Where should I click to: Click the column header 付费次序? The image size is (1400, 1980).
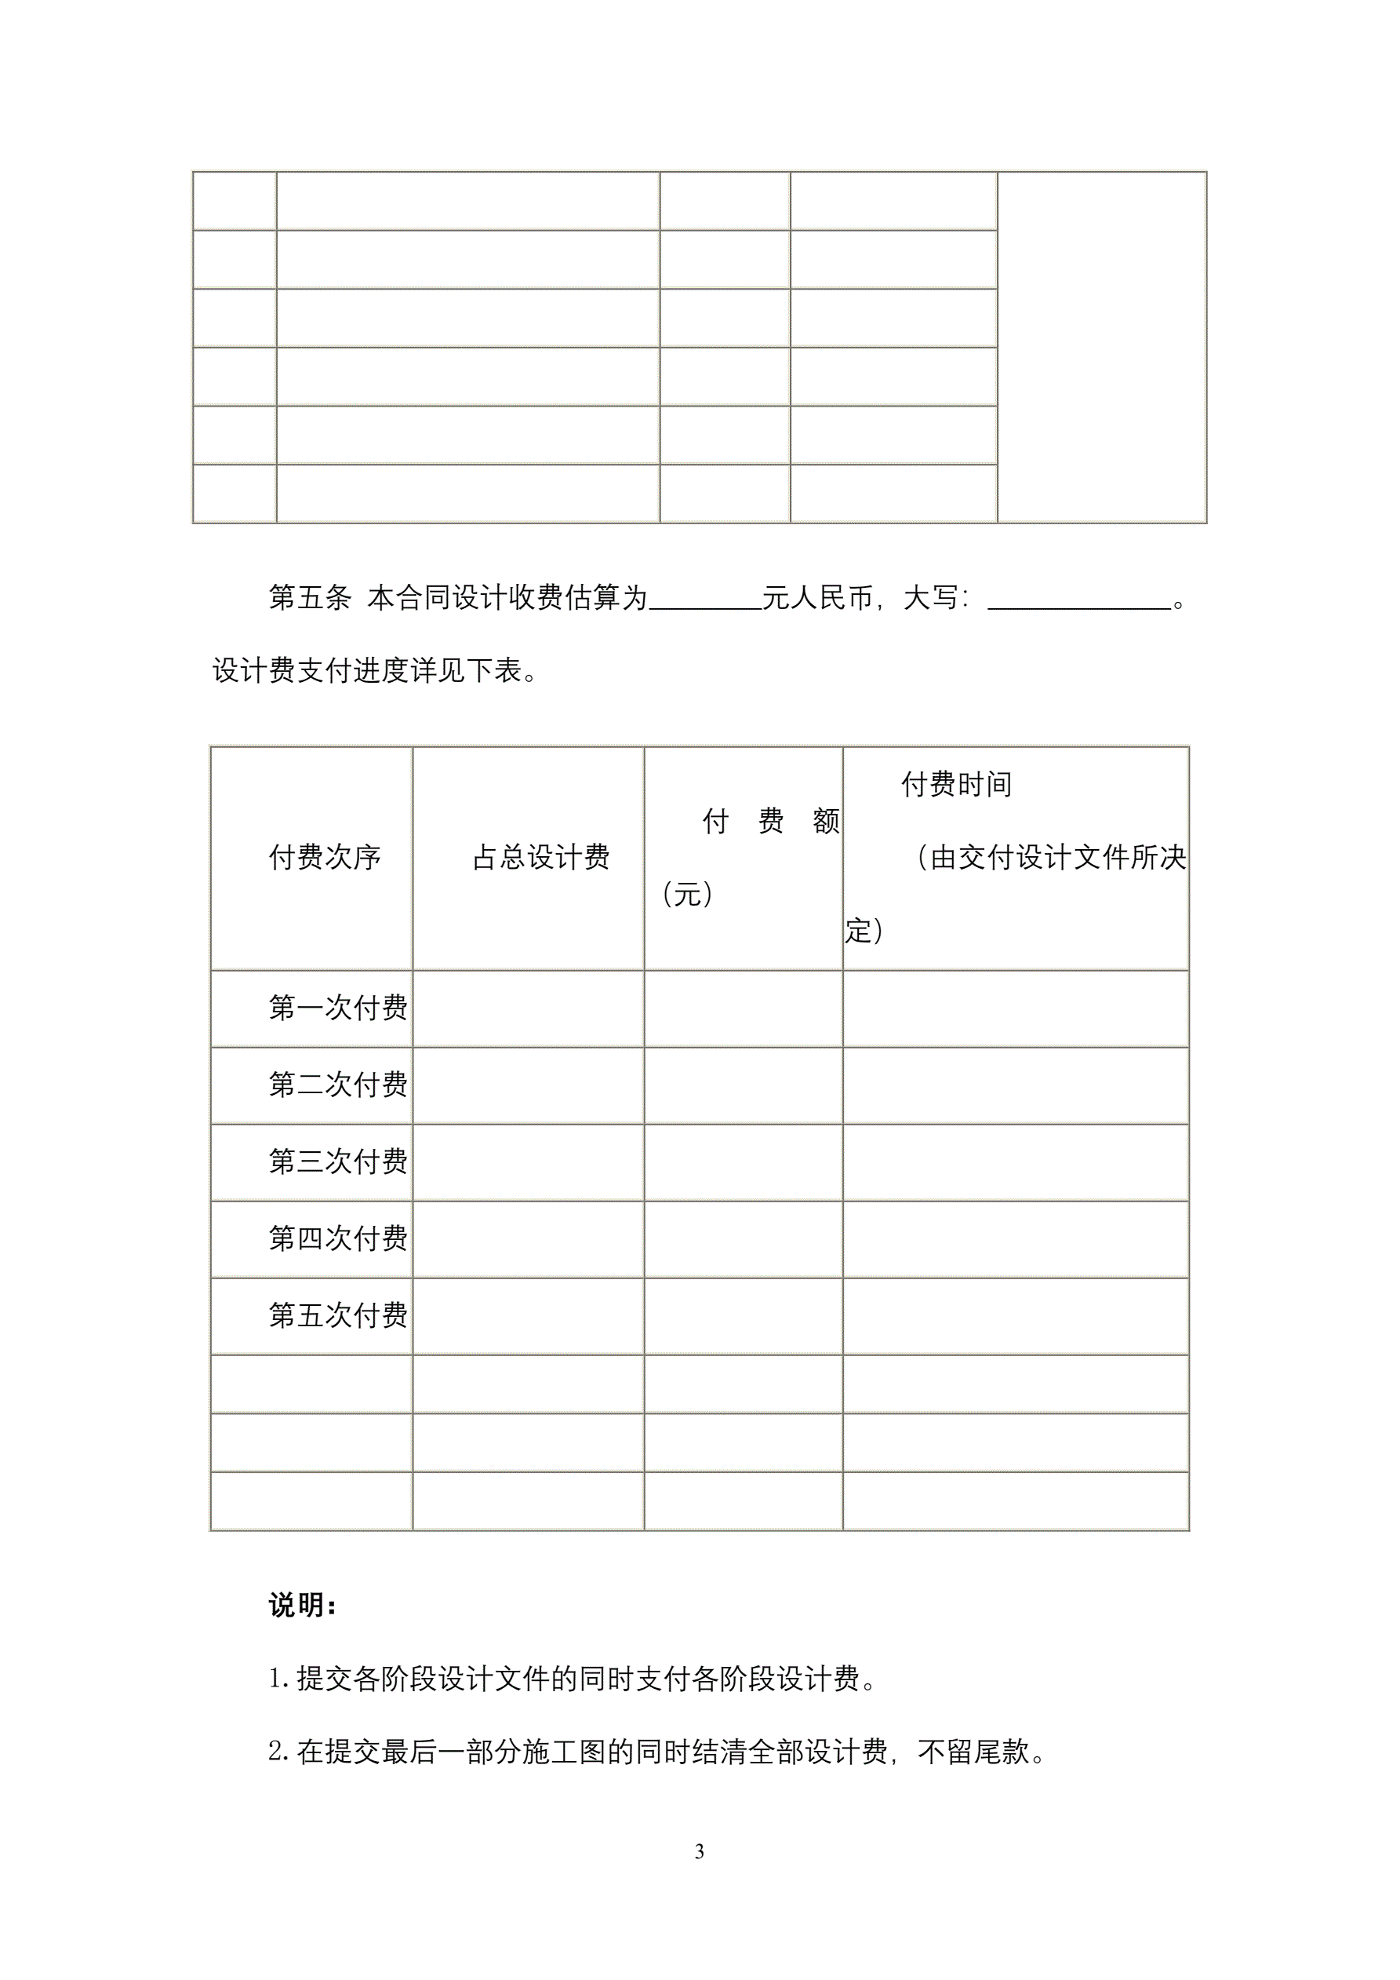[x=324, y=857]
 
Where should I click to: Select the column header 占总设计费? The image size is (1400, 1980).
[x=540, y=857]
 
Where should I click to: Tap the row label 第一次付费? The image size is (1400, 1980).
[x=337, y=1007]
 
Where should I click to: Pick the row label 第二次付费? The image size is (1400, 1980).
[x=337, y=1084]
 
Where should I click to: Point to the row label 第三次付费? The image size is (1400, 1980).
[x=337, y=1161]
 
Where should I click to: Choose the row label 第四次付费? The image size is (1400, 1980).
[x=337, y=1238]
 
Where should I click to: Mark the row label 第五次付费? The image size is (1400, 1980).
[x=337, y=1315]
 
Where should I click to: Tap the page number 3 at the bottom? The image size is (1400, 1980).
[x=699, y=1851]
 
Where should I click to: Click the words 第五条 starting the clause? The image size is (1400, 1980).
[x=310, y=596]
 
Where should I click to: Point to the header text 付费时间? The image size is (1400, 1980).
[x=956, y=784]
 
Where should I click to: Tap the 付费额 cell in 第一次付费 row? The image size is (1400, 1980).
[x=742, y=1008]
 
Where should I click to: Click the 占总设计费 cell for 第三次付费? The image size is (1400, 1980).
[x=528, y=1161]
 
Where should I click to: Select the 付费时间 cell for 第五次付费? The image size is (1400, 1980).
[x=1016, y=1315]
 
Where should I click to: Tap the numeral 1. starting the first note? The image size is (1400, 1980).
[x=279, y=1678]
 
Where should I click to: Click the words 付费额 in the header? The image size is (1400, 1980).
[x=771, y=821]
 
